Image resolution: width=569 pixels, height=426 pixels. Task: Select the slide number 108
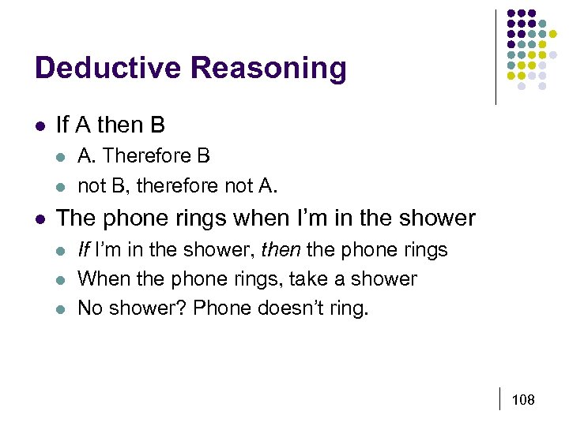pos(523,400)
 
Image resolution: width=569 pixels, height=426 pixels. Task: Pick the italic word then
pos(281,250)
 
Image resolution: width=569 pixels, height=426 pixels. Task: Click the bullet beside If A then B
pos(40,125)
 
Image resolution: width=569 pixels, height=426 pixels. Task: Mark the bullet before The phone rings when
pos(40,219)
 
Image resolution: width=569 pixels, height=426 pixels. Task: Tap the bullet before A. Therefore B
pos(61,157)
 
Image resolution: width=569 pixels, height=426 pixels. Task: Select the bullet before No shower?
pos(61,308)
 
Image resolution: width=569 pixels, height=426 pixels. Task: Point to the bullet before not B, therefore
pos(61,185)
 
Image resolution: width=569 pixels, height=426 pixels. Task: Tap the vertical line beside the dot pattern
pos(496,57)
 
